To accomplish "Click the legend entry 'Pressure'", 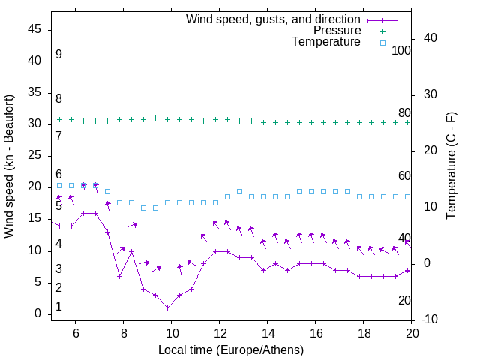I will (x=337, y=31).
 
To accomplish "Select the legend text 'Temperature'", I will (x=326, y=42).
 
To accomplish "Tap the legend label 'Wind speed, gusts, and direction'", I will (x=274, y=19).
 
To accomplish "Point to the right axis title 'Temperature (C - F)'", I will (x=451, y=166).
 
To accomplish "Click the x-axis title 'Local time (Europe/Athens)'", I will (x=231, y=349).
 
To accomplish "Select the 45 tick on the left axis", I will (x=34, y=29).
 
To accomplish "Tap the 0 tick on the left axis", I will (x=37, y=313).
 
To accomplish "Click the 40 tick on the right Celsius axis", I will (x=430, y=38).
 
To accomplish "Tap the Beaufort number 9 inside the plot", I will (x=58, y=55).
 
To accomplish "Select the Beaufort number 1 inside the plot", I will (x=58, y=307).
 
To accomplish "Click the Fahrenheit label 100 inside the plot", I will (x=402, y=50).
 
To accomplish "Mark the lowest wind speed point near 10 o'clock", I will (x=168, y=307).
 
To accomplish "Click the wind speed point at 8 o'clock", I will (x=120, y=276).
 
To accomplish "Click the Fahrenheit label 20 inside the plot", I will (x=405, y=300).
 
